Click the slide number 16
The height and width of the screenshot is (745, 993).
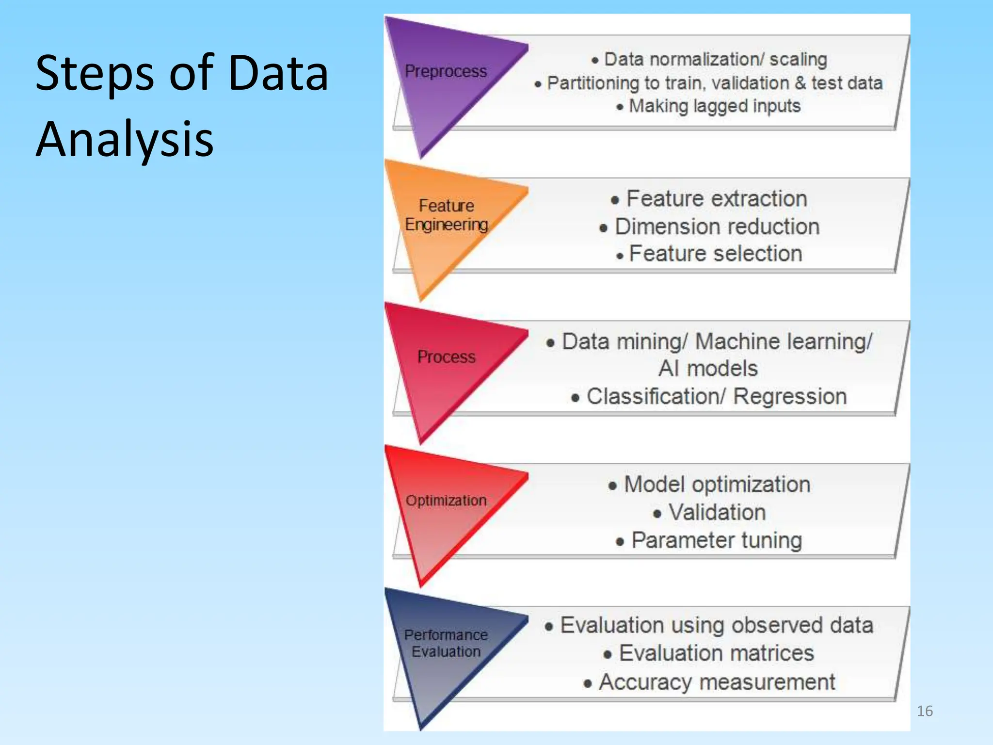click(925, 711)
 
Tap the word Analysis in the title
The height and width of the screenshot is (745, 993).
click(125, 140)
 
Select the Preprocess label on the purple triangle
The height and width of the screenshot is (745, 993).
click(446, 71)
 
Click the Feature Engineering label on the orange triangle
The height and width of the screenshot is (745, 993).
click(447, 215)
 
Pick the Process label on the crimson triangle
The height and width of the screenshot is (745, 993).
click(447, 357)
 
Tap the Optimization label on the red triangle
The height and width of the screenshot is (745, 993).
click(446, 501)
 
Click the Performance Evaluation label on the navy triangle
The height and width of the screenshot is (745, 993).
click(446, 643)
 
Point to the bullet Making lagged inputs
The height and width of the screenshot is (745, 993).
click(714, 106)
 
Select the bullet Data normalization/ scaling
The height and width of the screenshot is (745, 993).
click(715, 60)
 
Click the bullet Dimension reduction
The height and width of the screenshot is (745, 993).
click(717, 227)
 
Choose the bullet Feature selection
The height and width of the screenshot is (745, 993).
click(715, 254)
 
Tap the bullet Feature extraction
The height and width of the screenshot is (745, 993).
click(717, 199)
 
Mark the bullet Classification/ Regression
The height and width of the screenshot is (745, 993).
click(716, 396)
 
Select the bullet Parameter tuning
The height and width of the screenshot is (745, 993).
click(716, 540)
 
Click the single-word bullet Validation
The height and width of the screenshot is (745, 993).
click(717, 512)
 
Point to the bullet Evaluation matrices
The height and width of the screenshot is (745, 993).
click(716, 653)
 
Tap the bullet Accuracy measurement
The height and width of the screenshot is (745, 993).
click(717, 682)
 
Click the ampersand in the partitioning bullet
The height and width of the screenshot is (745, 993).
click(800, 83)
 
